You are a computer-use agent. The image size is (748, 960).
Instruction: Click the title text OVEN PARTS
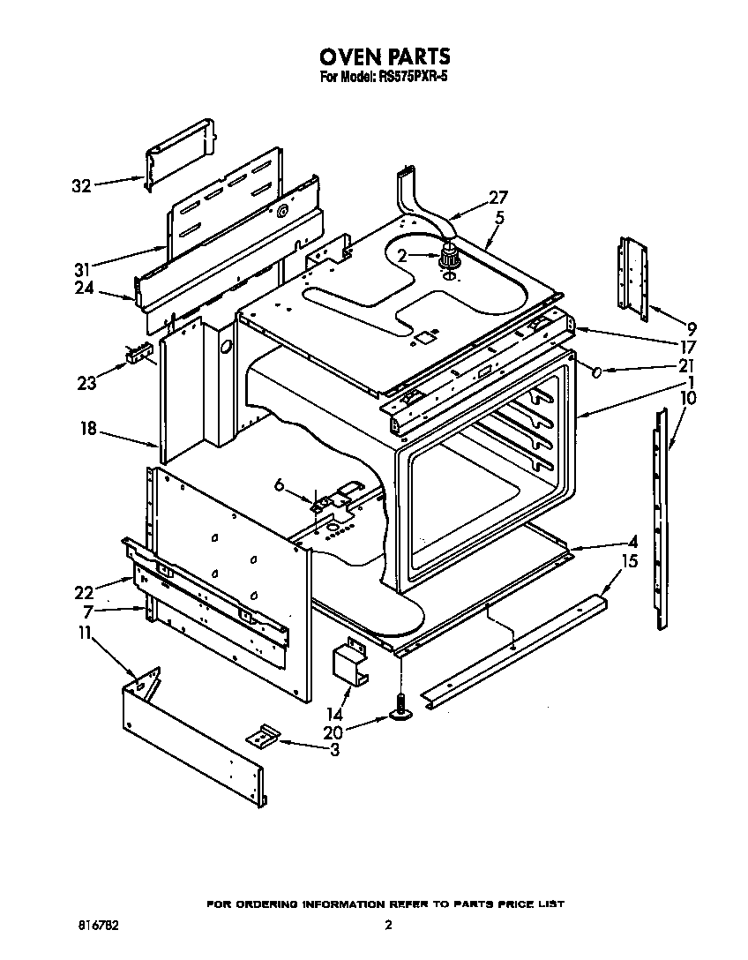385,56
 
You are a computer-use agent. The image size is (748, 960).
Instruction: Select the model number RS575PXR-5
415,77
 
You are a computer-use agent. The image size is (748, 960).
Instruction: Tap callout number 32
81,186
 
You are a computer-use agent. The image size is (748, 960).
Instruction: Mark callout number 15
629,561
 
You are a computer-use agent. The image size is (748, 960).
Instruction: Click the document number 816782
98,926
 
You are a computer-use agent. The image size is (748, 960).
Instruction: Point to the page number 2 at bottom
387,926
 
